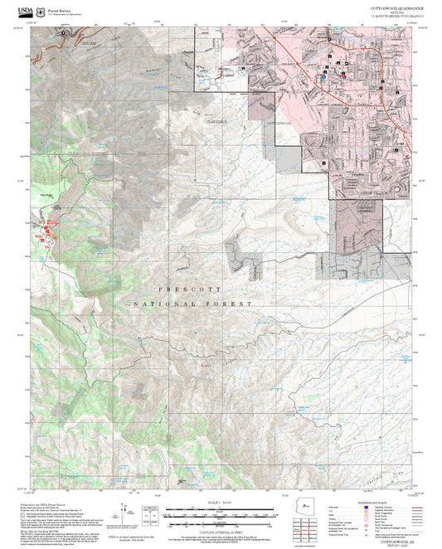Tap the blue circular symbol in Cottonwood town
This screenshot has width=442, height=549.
click(323, 75)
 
